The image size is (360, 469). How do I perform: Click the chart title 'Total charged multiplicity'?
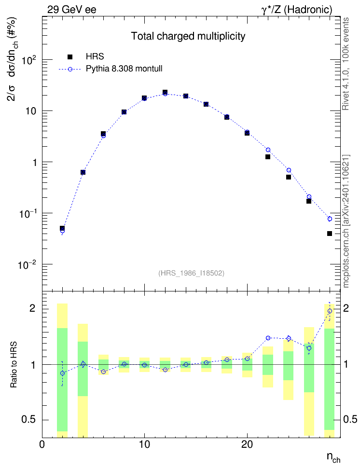tap(188, 36)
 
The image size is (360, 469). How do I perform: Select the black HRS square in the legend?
tap(70, 56)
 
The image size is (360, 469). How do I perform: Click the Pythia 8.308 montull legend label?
tap(124, 69)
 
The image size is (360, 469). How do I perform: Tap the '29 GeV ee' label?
tap(72, 10)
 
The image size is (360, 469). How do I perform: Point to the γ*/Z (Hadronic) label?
tap(297, 10)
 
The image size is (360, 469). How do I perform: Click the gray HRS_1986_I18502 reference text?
tap(191, 273)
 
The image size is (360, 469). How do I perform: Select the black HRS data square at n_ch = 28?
tap(330, 234)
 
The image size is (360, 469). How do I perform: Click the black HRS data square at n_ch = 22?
tap(268, 157)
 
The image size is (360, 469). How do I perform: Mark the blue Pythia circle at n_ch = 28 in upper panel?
tap(330, 219)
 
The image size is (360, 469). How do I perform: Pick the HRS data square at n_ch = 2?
tap(62, 228)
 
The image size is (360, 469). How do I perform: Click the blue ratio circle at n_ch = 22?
tap(268, 338)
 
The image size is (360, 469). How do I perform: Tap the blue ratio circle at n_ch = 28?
tap(330, 311)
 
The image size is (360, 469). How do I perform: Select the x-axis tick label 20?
tap(247, 445)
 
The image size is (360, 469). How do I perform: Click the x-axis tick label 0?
tap(42, 445)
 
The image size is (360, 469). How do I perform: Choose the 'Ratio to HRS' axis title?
tap(14, 365)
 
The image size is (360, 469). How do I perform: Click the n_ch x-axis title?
tap(333, 457)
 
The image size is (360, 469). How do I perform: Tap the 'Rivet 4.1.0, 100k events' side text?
tap(346, 64)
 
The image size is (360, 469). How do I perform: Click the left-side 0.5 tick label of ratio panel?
tap(29, 420)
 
